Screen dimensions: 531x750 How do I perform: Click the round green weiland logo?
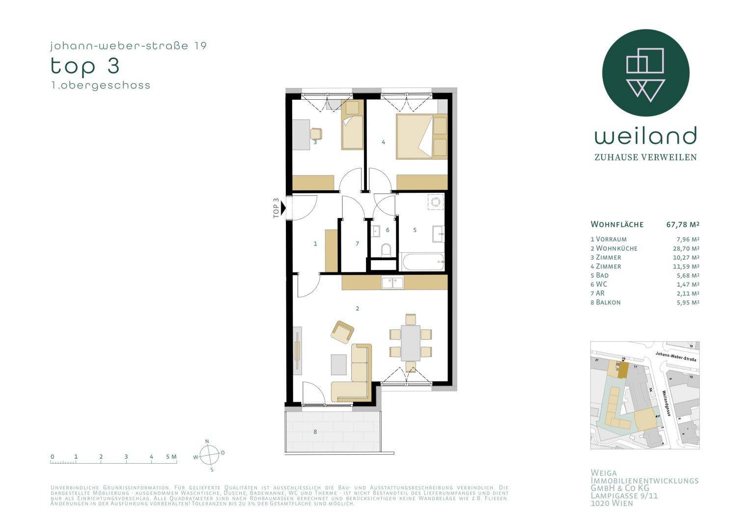coord(645,73)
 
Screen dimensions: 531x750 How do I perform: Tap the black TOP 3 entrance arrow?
coord(283,209)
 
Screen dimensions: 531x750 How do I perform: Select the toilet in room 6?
coord(386,249)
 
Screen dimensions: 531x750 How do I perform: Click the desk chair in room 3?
coord(316,133)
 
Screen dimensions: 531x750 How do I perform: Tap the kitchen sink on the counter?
coord(392,282)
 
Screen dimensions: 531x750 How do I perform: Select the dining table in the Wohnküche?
coord(411,343)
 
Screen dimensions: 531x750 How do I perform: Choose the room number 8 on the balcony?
coord(315,432)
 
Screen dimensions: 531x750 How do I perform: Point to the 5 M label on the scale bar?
coord(171,457)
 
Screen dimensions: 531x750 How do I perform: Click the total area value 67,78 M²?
coord(682,225)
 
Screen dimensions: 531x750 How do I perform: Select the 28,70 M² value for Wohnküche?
coord(686,248)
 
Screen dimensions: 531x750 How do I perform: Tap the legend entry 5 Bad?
coord(600,275)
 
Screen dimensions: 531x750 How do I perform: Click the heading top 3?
coord(85,66)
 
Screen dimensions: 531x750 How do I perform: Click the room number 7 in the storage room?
coord(357,244)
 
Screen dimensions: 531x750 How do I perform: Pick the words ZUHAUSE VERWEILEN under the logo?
coord(645,157)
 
